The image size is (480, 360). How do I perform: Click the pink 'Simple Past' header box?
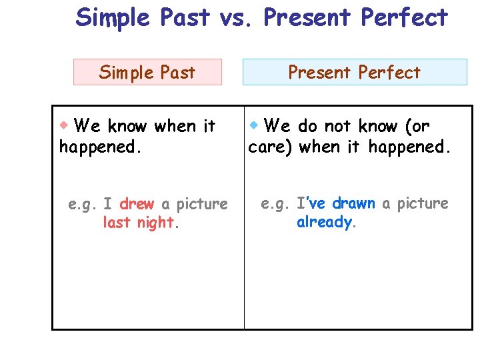click(147, 72)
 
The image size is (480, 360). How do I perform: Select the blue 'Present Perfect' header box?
click(354, 72)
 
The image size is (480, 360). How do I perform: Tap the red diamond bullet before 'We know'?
click(65, 125)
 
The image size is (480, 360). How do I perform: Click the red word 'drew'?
click(137, 203)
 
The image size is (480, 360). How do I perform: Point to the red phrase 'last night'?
click(139, 223)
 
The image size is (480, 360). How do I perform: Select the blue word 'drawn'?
click(353, 203)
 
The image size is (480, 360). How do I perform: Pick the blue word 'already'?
click(325, 222)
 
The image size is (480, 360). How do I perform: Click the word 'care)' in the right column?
click(270, 147)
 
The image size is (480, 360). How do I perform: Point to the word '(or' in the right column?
click(417, 126)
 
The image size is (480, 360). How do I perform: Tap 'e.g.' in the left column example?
click(84, 204)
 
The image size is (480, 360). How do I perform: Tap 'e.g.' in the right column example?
click(276, 203)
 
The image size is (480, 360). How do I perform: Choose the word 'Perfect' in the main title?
click(405, 17)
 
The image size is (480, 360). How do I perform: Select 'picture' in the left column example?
click(201, 203)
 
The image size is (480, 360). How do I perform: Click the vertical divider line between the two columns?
click(244, 267)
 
